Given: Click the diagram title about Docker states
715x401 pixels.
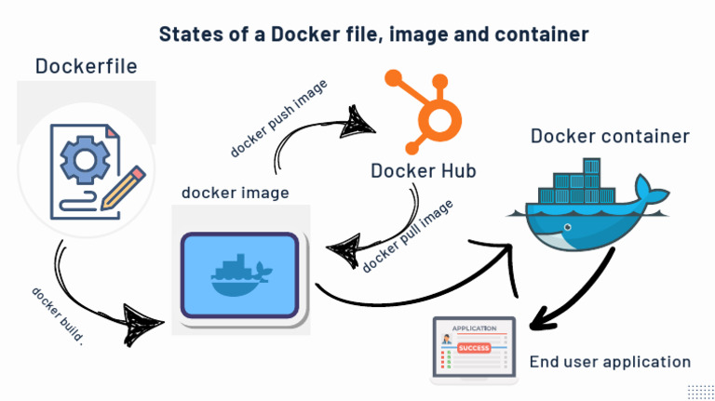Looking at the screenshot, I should pyautogui.click(x=373, y=34).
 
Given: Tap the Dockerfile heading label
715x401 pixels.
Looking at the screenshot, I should pyautogui.click(x=86, y=66).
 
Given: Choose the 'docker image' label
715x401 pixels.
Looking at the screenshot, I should pyautogui.click(x=235, y=194).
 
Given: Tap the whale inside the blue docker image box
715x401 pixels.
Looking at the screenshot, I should pyautogui.click(x=240, y=271).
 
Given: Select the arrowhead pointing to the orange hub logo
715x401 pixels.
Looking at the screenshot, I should pyautogui.click(x=357, y=119).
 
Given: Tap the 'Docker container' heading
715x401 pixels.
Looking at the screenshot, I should pyautogui.click(x=610, y=136).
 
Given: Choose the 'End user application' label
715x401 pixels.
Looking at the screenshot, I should pyautogui.click(x=610, y=361).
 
